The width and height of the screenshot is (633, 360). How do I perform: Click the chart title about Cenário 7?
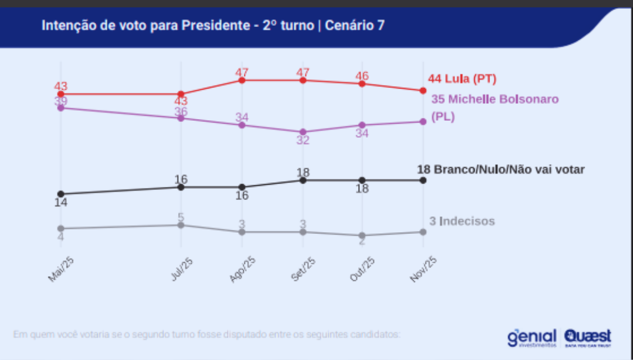213,25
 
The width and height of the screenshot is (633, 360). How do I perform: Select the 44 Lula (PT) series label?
462,79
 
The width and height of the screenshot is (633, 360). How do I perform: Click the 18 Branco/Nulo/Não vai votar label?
501,169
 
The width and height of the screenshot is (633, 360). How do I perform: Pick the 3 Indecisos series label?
462,221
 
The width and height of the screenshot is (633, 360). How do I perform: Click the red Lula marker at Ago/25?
242,80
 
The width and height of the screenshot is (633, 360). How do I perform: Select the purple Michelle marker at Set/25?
303,132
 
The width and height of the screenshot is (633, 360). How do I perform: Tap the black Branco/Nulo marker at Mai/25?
60,194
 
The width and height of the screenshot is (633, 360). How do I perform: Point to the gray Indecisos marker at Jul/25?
181,225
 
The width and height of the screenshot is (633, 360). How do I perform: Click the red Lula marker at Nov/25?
423,90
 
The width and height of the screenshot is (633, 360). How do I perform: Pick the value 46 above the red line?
362,76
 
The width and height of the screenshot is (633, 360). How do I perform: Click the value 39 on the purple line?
60,101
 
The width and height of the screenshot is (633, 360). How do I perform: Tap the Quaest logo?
588,338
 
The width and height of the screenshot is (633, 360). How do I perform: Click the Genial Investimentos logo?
532,338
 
